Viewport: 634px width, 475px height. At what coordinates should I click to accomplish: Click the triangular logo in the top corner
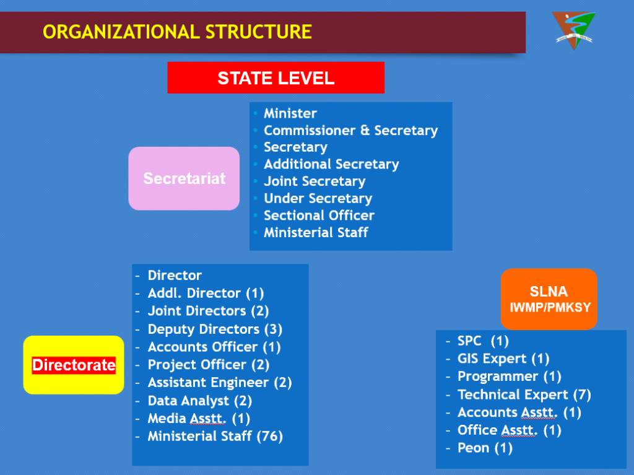(x=573, y=29)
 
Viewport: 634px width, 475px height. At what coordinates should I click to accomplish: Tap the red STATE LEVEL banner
(x=276, y=78)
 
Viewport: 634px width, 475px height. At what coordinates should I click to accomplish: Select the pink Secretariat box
(x=184, y=178)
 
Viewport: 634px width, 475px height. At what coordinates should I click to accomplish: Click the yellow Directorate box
(x=74, y=365)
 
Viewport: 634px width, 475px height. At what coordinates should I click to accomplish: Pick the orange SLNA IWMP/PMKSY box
(x=549, y=298)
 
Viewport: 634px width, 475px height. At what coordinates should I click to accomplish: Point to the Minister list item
(x=290, y=113)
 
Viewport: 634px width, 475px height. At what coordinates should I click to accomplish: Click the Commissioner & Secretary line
(x=350, y=131)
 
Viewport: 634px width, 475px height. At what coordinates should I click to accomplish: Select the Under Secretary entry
(x=318, y=199)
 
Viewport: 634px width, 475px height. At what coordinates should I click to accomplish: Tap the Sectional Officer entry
(x=319, y=216)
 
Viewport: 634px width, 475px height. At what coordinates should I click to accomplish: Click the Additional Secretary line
(x=331, y=164)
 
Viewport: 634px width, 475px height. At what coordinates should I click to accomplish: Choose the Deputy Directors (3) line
(x=215, y=329)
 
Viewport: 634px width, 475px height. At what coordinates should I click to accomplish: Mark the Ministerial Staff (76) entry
(x=215, y=436)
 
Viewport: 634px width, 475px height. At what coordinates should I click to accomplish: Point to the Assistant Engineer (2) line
(x=219, y=383)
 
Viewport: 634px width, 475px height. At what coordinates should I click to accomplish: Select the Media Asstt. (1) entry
(x=199, y=418)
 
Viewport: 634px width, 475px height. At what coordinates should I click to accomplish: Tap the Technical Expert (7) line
(x=524, y=394)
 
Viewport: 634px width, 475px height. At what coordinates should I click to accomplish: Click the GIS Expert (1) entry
(x=503, y=359)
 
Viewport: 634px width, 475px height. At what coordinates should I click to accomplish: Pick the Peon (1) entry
(x=485, y=448)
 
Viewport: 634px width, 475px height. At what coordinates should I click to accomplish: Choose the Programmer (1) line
(x=509, y=377)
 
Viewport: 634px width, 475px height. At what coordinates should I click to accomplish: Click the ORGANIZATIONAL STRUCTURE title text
(x=177, y=32)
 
